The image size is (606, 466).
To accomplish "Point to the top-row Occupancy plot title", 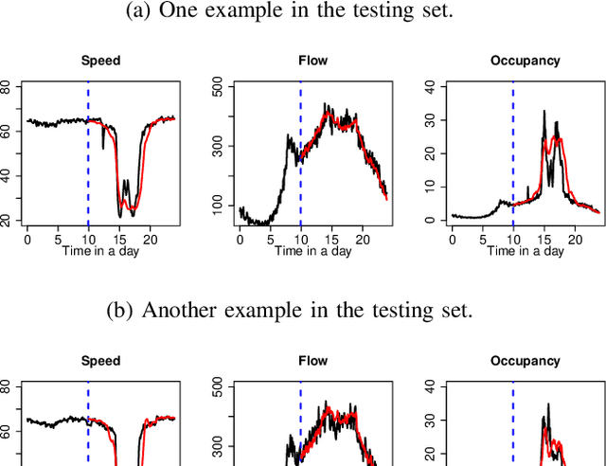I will point(526,62).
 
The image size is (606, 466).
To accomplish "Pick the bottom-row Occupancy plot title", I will point(526,361).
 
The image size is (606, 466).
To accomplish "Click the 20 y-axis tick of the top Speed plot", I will point(6,220).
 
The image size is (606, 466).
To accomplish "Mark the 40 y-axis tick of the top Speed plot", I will point(6,175).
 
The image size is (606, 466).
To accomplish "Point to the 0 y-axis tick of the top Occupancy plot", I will point(430,220).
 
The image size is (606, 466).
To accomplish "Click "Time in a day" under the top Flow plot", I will point(313,252).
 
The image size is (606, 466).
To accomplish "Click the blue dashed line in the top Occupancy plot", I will point(513,142).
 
